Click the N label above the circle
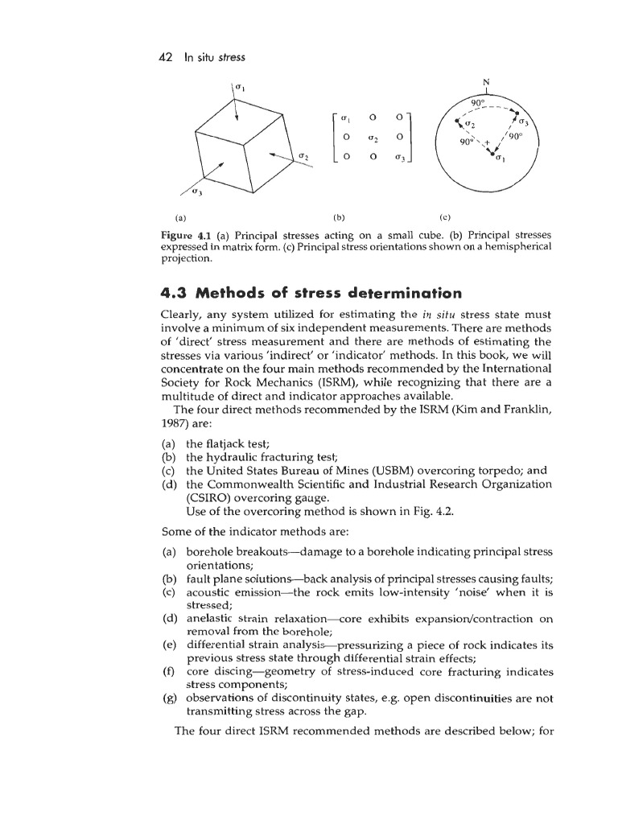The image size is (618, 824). [486, 82]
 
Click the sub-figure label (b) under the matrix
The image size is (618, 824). [336, 216]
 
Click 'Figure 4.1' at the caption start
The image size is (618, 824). [187, 234]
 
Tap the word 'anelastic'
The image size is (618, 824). [212, 620]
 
